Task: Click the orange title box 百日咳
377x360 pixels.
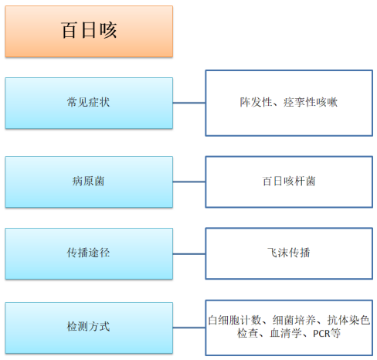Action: click(89, 31)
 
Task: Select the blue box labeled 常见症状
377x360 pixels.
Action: click(89, 103)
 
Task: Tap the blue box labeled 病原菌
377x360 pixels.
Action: click(89, 182)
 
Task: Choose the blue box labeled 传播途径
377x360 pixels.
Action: click(89, 253)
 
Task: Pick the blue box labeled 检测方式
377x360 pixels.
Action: click(89, 328)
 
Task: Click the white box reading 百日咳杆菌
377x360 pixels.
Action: click(289, 182)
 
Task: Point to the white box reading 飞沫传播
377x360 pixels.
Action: click(289, 253)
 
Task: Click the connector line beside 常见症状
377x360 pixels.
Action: click(189, 103)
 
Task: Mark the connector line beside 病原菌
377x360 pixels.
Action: click(189, 182)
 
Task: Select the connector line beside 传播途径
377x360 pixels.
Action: click(189, 254)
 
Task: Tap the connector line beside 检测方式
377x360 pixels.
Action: click(189, 328)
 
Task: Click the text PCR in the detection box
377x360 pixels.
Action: click(321, 334)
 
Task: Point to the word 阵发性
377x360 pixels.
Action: click(256, 102)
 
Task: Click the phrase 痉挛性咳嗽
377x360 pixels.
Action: click(311, 102)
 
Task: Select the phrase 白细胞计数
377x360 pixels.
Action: click(235, 320)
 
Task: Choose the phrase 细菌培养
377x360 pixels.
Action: click(294, 320)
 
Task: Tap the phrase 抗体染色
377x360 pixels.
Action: click(348, 320)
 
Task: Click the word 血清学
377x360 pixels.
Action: click(286, 334)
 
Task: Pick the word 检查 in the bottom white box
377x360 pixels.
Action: click(247, 334)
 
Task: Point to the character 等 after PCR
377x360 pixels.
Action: click(335, 334)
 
